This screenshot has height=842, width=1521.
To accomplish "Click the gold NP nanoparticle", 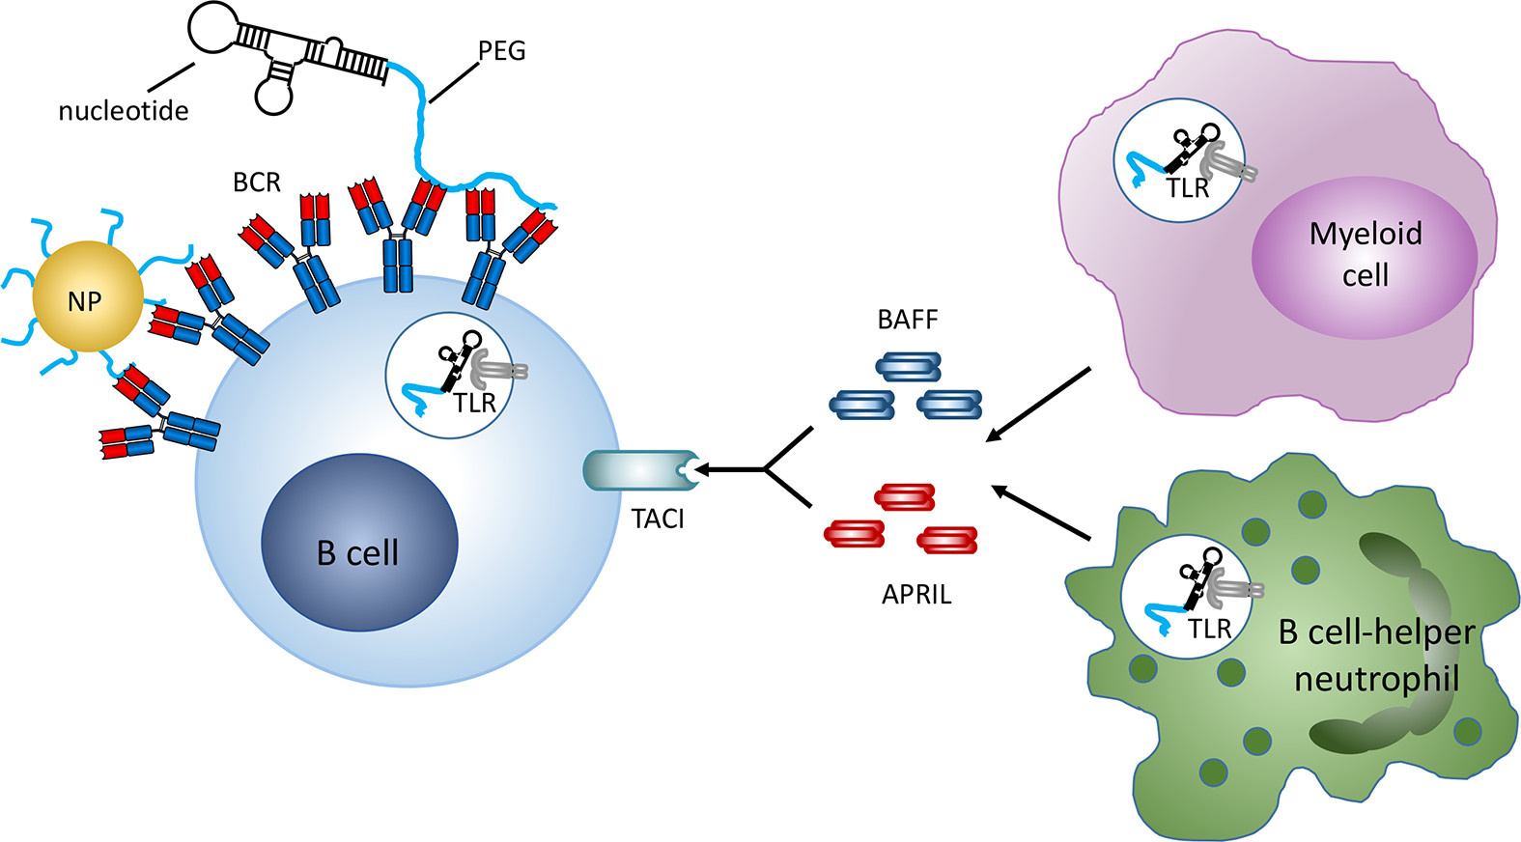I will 87,296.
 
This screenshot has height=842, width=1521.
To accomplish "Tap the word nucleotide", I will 124,111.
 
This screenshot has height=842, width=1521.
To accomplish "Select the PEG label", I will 502,50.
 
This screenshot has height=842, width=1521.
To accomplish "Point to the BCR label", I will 257,182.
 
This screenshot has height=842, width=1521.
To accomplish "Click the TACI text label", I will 658,519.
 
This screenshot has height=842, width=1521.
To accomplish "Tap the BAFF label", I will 908,320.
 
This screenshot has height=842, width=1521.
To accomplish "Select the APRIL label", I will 916,595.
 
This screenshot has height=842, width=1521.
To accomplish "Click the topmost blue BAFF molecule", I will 908,367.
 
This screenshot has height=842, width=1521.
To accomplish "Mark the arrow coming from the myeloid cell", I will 1037,406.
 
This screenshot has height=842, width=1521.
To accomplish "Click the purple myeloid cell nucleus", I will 1365,256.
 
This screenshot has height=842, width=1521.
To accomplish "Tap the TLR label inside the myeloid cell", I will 1187,188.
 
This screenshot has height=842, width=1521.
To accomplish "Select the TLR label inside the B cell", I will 474,403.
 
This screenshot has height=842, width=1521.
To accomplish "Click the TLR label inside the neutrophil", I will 1209,629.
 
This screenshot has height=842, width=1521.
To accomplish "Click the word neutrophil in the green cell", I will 1377,679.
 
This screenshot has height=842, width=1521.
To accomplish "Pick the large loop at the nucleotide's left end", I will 215,27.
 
